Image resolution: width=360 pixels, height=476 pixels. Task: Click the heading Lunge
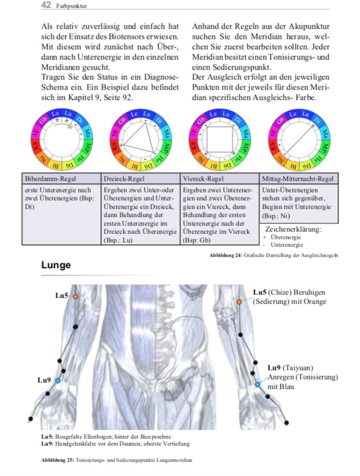click(56, 265)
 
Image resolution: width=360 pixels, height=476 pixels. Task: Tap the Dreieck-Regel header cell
click(123, 179)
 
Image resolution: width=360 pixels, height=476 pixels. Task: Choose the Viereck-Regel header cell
click(203, 179)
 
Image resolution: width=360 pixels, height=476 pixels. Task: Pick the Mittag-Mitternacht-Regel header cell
click(299, 179)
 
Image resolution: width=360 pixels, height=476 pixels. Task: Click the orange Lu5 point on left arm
click(75, 296)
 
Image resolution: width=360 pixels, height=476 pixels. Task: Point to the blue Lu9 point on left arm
click(58, 381)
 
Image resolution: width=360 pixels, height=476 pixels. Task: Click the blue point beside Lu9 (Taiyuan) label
click(258, 384)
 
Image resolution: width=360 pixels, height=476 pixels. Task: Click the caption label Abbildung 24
click(225, 254)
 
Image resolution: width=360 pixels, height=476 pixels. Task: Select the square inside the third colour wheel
click(216, 137)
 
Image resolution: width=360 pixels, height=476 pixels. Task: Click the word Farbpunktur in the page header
click(72, 6)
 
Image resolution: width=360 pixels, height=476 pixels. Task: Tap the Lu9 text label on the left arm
click(44, 381)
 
